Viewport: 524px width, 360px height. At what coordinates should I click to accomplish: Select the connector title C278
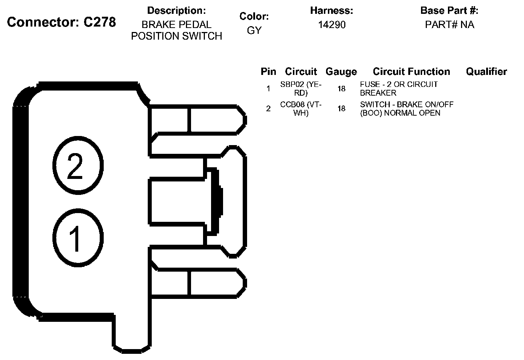point(61,22)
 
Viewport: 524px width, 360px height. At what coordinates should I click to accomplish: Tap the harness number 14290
point(332,25)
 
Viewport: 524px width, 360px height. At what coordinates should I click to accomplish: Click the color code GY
point(254,31)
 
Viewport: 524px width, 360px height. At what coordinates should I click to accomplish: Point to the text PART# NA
point(449,25)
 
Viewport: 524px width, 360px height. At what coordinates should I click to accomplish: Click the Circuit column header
point(301,72)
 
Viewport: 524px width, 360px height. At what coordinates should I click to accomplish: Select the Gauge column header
point(341,72)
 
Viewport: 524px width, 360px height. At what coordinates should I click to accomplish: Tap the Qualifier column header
point(486,72)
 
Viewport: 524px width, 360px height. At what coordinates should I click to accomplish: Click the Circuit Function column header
point(411,72)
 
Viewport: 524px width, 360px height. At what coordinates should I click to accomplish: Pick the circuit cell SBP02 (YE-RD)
point(301,88)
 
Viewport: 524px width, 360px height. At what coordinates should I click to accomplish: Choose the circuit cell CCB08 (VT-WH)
point(301,108)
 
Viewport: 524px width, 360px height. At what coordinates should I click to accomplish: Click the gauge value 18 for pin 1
point(341,88)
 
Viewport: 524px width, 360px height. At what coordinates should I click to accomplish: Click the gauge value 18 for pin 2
point(341,108)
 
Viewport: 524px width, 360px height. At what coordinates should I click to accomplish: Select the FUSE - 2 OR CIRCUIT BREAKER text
point(398,88)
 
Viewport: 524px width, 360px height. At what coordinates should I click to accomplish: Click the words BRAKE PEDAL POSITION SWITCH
point(176,30)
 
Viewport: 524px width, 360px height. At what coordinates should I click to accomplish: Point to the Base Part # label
point(449,11)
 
